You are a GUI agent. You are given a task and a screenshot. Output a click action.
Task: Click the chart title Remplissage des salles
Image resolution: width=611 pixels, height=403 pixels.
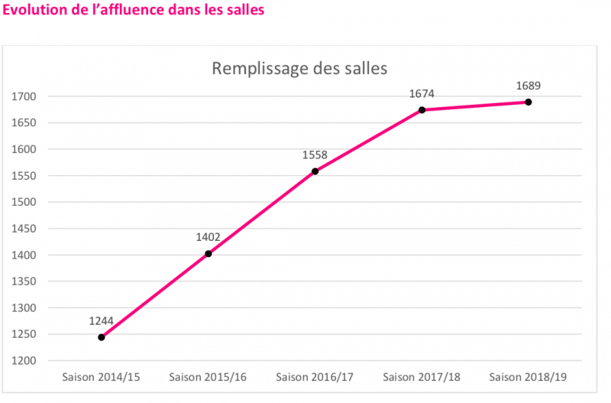[x=299, y=68]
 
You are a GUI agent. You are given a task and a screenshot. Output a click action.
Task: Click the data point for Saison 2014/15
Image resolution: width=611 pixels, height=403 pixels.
[x=102, y=337]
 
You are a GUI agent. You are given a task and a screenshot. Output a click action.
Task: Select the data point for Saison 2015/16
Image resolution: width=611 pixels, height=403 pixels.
[x=209, y=254]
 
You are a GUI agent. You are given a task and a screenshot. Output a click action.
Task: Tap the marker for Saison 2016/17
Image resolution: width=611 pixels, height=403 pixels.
[x=315, y=171]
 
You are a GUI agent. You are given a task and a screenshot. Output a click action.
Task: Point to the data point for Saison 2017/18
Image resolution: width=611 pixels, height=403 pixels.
[x=422, y=110]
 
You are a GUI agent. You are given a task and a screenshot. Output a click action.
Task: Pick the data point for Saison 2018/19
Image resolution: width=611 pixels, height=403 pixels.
[x=528, y=102]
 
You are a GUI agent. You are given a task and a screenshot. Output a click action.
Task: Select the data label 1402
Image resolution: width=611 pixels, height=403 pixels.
[x=209, y=237]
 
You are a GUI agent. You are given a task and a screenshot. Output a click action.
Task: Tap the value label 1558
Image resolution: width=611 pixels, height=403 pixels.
[x=315, y=155]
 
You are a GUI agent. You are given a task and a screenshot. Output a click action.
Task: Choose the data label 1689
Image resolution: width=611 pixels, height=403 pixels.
[x=528, y=86]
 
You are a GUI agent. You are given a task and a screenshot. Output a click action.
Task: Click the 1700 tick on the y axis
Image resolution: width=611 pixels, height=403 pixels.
[x=25, y=96]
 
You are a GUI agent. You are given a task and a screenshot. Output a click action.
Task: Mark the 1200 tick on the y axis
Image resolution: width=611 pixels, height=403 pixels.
[x=25, y=361]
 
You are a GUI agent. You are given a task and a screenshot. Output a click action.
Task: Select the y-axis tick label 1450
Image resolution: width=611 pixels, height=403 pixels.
[x=25, y=229]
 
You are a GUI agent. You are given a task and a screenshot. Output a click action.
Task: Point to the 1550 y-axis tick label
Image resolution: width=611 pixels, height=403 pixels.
[x=25, y=176]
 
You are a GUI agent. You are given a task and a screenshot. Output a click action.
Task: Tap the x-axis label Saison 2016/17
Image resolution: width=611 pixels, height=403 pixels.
[x=315, y=377]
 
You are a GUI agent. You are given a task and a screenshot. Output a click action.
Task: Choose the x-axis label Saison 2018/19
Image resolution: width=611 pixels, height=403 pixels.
[x=528, y=377]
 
